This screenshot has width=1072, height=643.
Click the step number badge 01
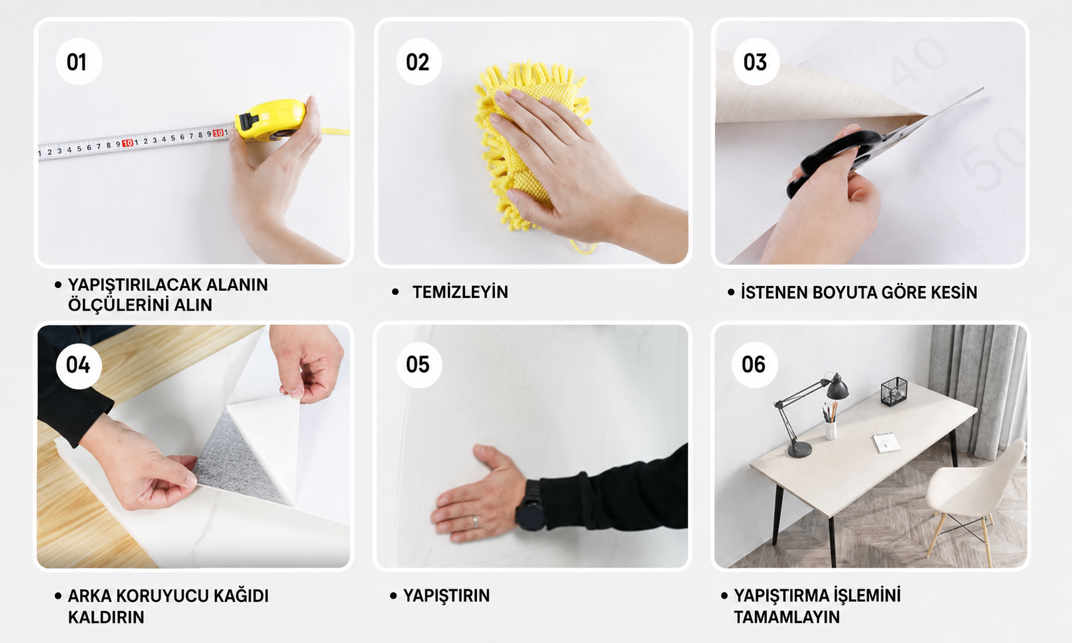[79, 62]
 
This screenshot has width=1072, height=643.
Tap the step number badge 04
[79, 366]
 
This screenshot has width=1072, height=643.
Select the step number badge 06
[754, 365]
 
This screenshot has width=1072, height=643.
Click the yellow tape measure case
[271, 119]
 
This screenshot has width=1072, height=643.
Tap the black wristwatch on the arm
[530, 505]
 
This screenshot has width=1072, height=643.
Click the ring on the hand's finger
[474, 522]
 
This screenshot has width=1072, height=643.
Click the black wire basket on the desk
[894, 391]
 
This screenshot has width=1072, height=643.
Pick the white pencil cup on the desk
[831, 430]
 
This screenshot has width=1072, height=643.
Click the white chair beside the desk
[976, 498]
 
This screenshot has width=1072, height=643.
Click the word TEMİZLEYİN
[460, 292]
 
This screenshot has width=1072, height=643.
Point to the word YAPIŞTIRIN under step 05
[446, 595]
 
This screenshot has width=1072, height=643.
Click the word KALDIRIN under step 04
[106, 617]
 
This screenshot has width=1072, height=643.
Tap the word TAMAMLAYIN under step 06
[787, 617]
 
